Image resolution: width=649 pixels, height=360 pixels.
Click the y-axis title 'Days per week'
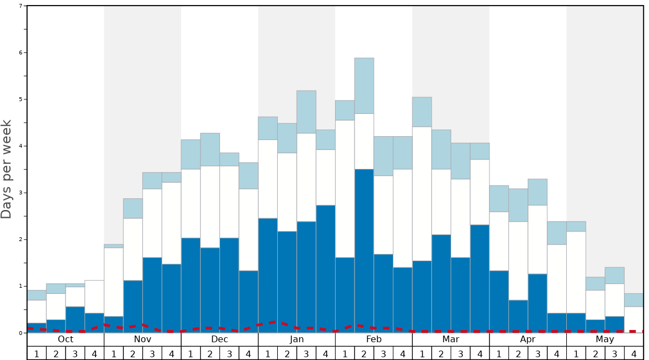coord(7,169)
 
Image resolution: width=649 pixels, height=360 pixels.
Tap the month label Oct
coord(66,339)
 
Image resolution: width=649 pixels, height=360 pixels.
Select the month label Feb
coord(374,339)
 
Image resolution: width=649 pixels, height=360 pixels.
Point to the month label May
coord(605,339)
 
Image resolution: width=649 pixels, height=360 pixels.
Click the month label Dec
coord(219,339)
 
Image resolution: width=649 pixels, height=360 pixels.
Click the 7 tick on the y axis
coord(21,6)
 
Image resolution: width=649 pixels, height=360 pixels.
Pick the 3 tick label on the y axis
coord(21,193)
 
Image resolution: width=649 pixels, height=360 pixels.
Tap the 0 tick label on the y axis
coord(21,333)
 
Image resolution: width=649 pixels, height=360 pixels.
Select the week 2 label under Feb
coord(365,353)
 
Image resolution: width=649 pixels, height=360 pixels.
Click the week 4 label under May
coord(634,353)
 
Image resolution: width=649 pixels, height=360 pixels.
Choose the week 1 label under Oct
coord(37,353)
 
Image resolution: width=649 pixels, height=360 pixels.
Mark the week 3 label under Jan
coord(306,353)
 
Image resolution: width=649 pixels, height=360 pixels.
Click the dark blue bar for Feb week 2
coord(365,251)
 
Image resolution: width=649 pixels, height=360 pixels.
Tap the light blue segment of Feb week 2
coord(365,86)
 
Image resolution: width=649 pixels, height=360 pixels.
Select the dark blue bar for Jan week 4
coord(326,269)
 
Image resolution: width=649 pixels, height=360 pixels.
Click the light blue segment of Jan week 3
coord(306,112)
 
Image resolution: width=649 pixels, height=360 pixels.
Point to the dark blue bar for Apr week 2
coord(518,316)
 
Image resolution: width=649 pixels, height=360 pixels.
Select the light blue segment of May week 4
coord(634,300)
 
